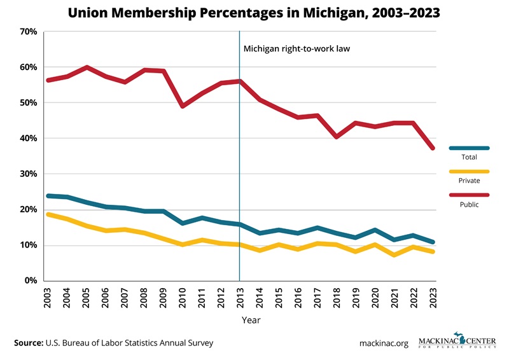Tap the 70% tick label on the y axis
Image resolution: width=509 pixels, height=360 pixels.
(x=28, y=32)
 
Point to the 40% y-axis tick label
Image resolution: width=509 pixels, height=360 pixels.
(x=28, y=139)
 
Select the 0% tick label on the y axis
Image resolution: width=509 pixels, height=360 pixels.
(x=31, y=280)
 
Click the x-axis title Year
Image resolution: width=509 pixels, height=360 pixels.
(x=250, y=321)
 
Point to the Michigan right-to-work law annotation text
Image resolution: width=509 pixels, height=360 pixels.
(x=296, y=48)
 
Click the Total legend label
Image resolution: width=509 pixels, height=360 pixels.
(x=468, y=156)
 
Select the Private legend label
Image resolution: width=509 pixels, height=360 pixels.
(x=468, y=181)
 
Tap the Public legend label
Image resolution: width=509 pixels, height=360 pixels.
(x=468, y=204)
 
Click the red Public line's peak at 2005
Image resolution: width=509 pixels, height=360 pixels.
(x=87, y=67)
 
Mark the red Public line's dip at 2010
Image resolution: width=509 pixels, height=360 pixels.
(x=183, y=106)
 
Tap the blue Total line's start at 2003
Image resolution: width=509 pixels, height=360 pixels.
(x=48, y=196)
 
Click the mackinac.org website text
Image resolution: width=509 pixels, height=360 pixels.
(x=384, y=343)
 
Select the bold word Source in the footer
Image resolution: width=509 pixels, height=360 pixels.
(x=28, y=343)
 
